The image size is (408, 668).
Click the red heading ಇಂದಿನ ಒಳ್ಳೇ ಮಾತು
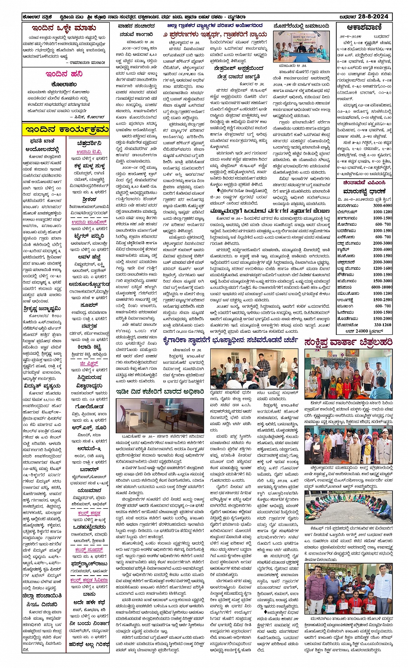point(64,28)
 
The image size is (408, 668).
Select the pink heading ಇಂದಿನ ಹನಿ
point(64,74)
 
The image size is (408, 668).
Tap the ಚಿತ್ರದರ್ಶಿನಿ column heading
point(89,143)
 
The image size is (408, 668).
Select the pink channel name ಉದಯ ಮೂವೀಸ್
point(89,222)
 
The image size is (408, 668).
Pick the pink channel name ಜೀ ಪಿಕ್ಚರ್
point(89,363)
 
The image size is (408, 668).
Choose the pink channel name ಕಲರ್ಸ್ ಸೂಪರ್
point(89,550)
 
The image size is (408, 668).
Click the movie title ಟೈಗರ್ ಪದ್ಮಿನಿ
point(89,236)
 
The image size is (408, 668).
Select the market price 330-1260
point(382,325)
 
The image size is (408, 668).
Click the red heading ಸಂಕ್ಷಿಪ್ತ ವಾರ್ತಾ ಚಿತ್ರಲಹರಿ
point(348,342)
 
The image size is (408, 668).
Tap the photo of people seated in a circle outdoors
point(348,507)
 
